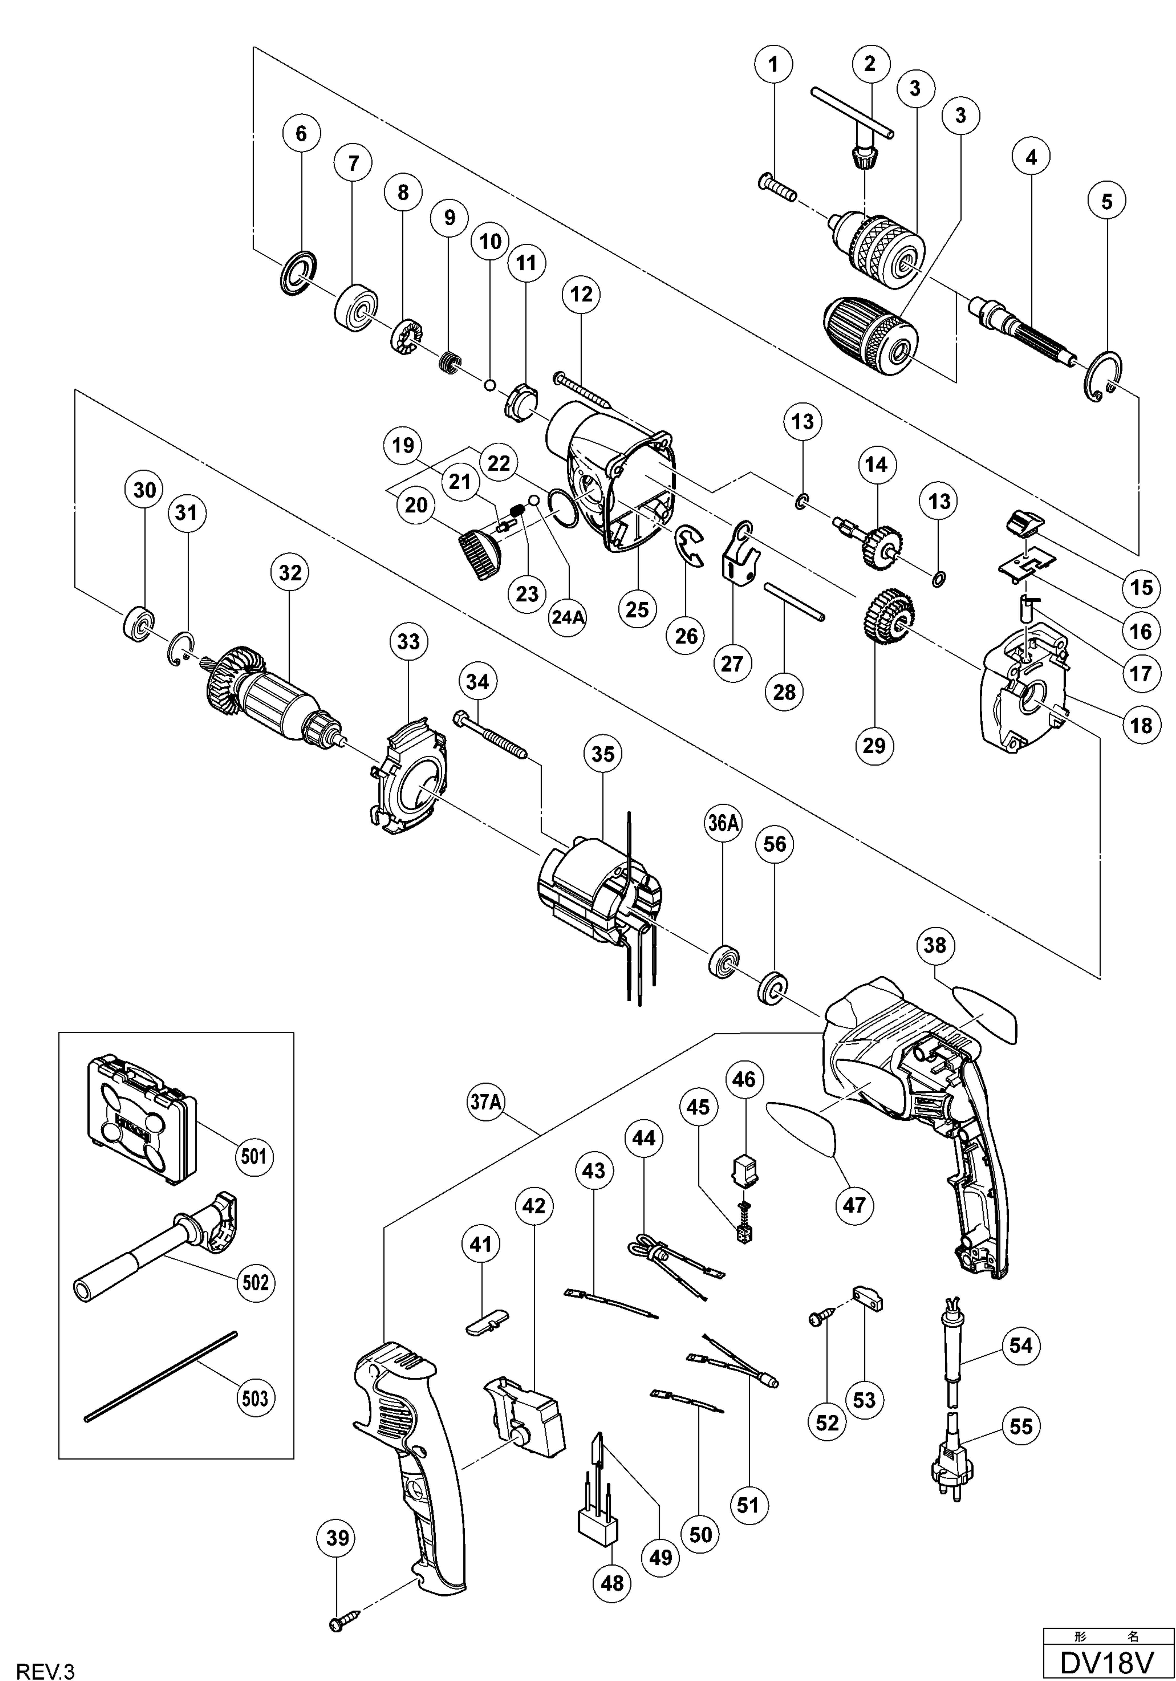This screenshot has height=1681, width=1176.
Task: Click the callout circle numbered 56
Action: [775, 844]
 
